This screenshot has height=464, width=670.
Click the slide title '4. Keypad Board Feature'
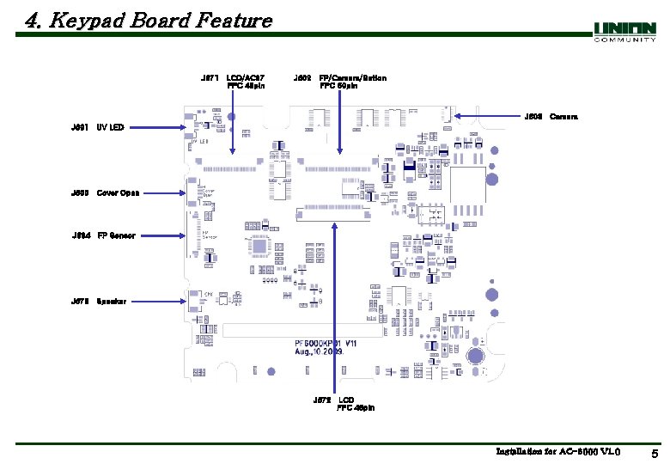pos(148,21)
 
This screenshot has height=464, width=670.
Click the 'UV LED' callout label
pos(110,128)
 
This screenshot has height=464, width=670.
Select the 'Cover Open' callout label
pos(118,192)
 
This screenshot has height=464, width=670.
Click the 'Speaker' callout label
pos(112,302)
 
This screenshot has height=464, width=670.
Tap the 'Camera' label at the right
pos(563,116)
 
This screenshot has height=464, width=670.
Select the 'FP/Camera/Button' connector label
pos(352,78)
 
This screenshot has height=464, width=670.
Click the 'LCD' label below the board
pos(345,400)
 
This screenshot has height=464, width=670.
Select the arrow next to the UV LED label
pos(155,128)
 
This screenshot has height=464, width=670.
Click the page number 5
pos(654,454)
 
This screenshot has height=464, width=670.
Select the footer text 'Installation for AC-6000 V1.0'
pos(557,452)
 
